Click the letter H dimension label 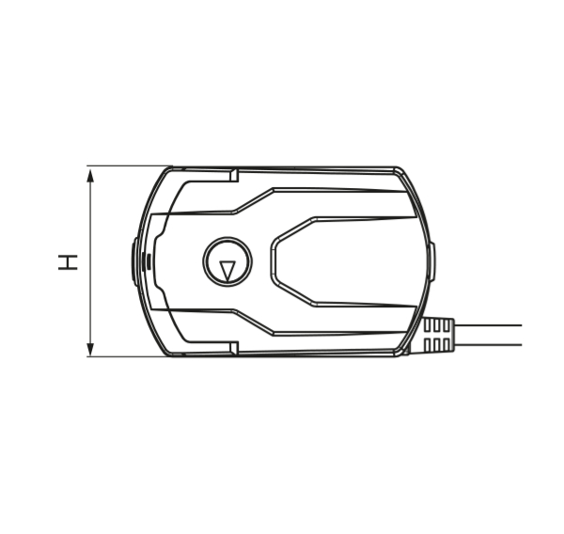(x=68, y=261)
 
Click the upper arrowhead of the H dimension (x=90, y=177)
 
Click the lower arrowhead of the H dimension (x=90, y=348)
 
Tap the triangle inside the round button (x=227, y=270)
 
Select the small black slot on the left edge (x=147, y=261)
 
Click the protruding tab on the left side (x=134, y=261)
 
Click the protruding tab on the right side (x=432, y=261)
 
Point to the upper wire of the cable (x=487, y=325)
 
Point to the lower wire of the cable (x=487, y=345)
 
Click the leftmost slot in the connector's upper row (x=428, y=326)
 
